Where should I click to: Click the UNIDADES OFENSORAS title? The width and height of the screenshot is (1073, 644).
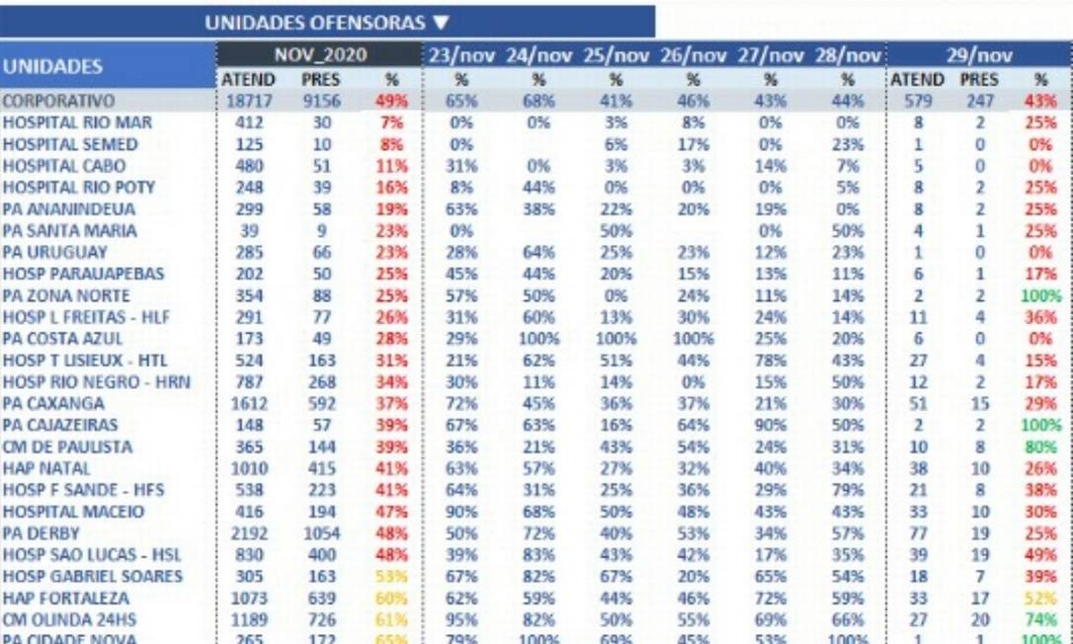tap(315, 23)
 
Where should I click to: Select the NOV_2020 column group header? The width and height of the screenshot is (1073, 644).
tap(320, 55)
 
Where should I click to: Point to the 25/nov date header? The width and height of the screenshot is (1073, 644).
tap(617, 56)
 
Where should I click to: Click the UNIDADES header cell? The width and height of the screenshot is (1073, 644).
tap(52, 67)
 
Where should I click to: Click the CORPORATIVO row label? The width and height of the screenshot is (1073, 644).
tap(58, 101)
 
